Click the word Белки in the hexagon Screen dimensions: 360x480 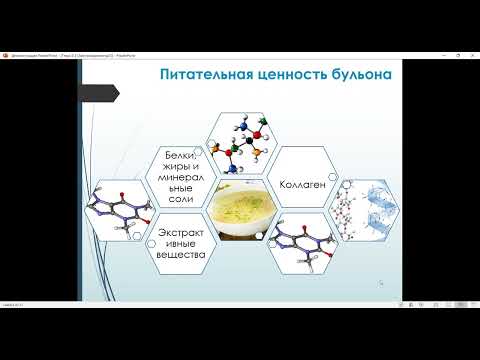pos(179,158)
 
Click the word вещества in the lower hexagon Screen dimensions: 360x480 pos(180,255)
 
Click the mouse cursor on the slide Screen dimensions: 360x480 pos(380,283)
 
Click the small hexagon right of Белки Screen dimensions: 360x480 pos(205,154)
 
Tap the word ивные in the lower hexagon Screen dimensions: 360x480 pos(180,243)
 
